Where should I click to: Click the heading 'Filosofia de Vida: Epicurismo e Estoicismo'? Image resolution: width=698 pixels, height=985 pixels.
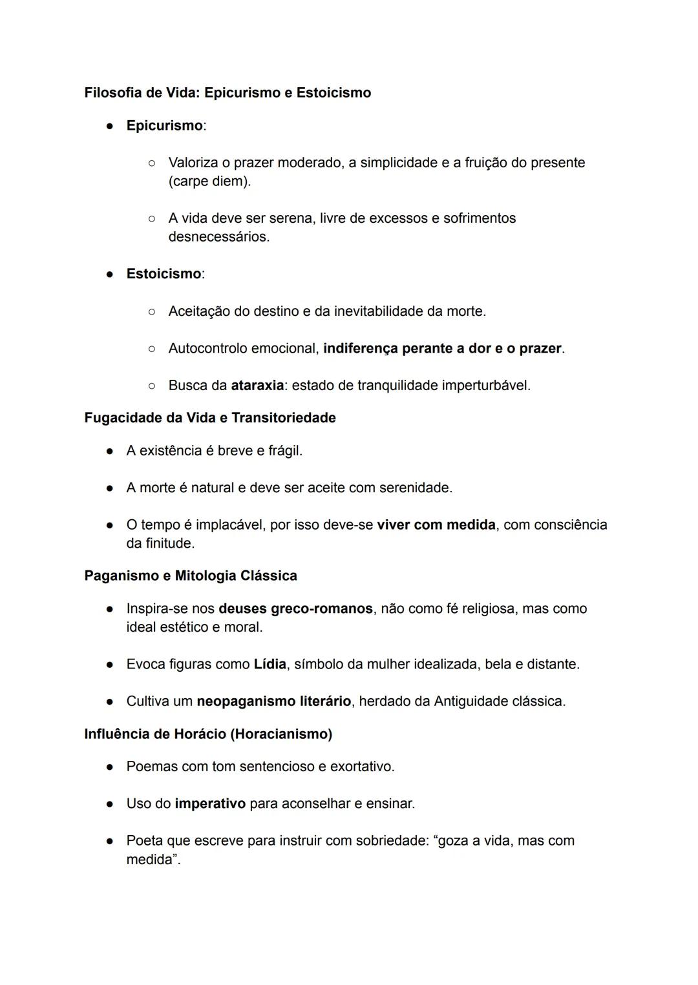227,93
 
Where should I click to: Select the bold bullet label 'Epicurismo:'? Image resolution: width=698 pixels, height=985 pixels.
165,126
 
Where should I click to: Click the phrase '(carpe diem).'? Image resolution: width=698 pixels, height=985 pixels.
209,181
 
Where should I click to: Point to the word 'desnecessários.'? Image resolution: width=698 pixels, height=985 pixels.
218,237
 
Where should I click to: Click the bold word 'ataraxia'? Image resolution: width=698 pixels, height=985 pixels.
257,386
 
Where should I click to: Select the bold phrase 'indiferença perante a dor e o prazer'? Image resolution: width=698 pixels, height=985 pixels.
442,349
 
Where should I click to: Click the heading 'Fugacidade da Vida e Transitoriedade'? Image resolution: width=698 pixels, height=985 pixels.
210,418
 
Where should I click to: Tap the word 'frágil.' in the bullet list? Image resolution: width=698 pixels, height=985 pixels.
285,451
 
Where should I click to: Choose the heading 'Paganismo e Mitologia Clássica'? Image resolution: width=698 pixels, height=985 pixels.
191,576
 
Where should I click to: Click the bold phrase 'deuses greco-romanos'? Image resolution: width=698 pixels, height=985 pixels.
295,609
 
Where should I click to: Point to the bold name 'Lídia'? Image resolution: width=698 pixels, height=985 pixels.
270,665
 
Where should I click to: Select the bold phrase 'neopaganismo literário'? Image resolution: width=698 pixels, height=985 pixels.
273,701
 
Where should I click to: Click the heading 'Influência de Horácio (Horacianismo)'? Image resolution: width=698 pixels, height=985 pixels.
208,734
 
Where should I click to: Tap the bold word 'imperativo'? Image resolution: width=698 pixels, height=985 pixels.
210,804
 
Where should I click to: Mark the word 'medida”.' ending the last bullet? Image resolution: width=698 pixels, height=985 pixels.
153,860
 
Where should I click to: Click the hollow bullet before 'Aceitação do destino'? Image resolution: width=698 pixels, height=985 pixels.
151,312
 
